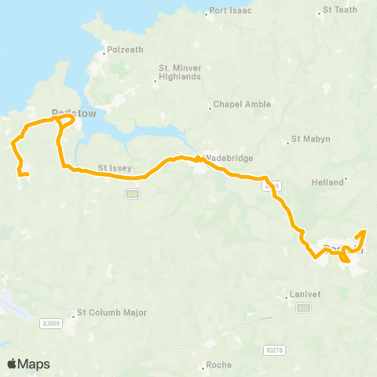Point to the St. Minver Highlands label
[x=181, y=72]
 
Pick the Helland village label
[x=328, y=182]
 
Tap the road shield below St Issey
[x=132, y=194]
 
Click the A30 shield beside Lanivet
[x=305, y=309]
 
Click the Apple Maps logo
[x=28, y=364]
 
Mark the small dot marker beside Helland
[x=346, y=178]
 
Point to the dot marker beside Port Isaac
[x=207, y=12]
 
